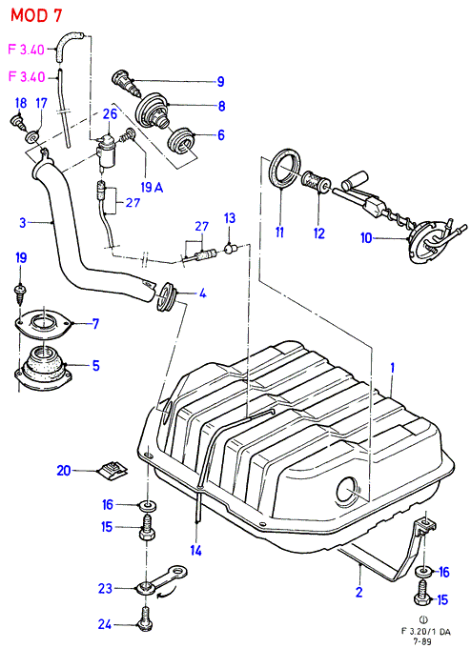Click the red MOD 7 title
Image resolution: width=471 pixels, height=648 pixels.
(36, 15)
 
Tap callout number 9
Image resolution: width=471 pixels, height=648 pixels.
(221, 81)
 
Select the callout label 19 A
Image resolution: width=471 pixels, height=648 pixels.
(152, 187)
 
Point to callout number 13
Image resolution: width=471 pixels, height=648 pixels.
(230, 218)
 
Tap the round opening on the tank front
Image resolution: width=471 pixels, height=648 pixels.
(349, 491)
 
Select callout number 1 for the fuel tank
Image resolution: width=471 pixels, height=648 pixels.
(393, 368)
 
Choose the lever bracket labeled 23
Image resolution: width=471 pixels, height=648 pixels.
(161, 578)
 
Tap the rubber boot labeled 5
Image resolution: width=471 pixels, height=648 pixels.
(44, 369)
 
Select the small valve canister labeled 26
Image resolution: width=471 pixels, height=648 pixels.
(107, 152)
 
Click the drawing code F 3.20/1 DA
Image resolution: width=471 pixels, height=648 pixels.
(426, 631)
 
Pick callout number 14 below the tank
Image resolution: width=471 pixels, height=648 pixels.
(195, 551)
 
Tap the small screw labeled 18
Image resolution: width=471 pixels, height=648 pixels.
(15, 122)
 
